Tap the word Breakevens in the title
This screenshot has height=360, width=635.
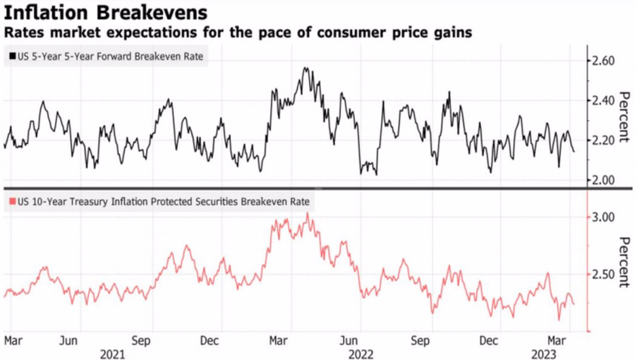coord(150,13)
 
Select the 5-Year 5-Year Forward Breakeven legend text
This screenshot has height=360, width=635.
coord(109,56)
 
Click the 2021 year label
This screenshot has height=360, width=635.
coord(113,352)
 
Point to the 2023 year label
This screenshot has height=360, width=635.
coord(552,352)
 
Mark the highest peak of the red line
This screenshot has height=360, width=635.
coord(308,213)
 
